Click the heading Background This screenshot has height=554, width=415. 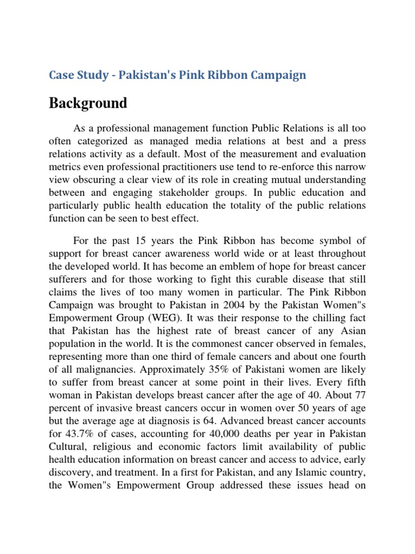[x=88, y=103]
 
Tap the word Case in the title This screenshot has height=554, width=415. [x=61, y=75]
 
